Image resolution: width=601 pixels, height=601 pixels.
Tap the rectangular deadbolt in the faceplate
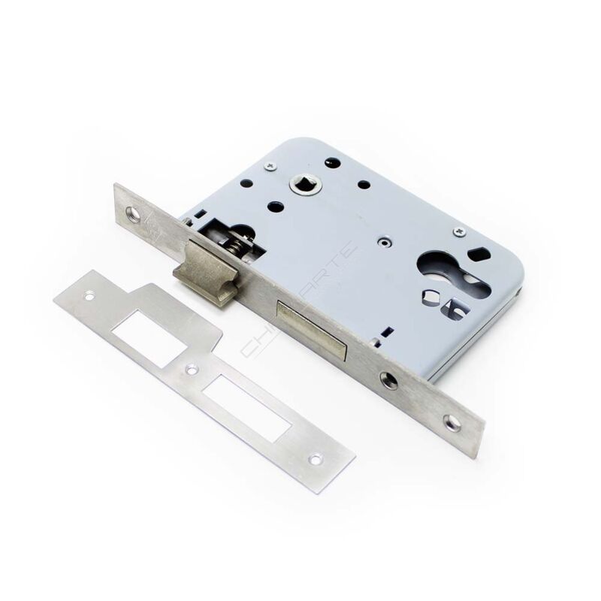[313, 324]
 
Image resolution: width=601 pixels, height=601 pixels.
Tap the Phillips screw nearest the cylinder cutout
[461, 232]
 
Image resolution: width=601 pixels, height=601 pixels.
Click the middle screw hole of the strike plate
[192, 370]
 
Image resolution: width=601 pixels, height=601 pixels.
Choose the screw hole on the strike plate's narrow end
[316, 458]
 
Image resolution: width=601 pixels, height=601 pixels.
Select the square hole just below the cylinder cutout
[452, 308]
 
